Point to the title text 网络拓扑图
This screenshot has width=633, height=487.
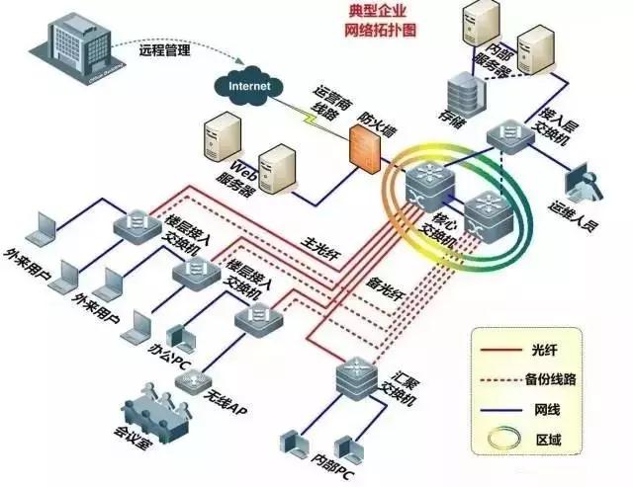(380, 29)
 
